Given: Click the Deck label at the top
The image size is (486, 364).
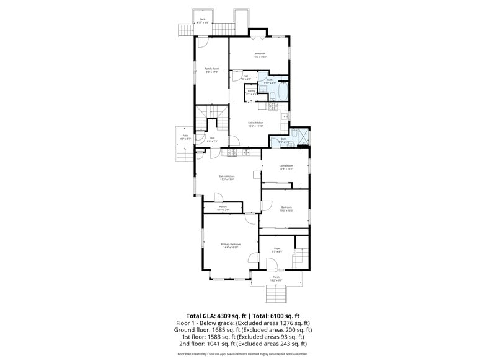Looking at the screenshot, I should (203, 20).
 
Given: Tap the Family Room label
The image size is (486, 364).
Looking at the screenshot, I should (212, 70).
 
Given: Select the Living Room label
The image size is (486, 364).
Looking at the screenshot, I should (286, 167).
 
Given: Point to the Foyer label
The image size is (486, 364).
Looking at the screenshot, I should (277, 249).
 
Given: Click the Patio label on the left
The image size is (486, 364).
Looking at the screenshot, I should (185, 136).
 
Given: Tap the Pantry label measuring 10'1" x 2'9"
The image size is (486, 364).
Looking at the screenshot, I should (223, 208).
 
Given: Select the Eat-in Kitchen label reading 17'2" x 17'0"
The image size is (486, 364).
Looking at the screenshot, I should (226, 178).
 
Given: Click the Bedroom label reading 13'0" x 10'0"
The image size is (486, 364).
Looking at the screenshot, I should (286, 209).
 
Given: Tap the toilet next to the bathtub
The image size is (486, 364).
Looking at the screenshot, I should (272, 95).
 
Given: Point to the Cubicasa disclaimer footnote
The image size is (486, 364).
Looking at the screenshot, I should (243, 354).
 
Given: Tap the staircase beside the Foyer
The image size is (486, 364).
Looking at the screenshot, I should (301, 251).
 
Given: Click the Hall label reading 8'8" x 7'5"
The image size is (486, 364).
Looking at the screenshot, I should (212, 139).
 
